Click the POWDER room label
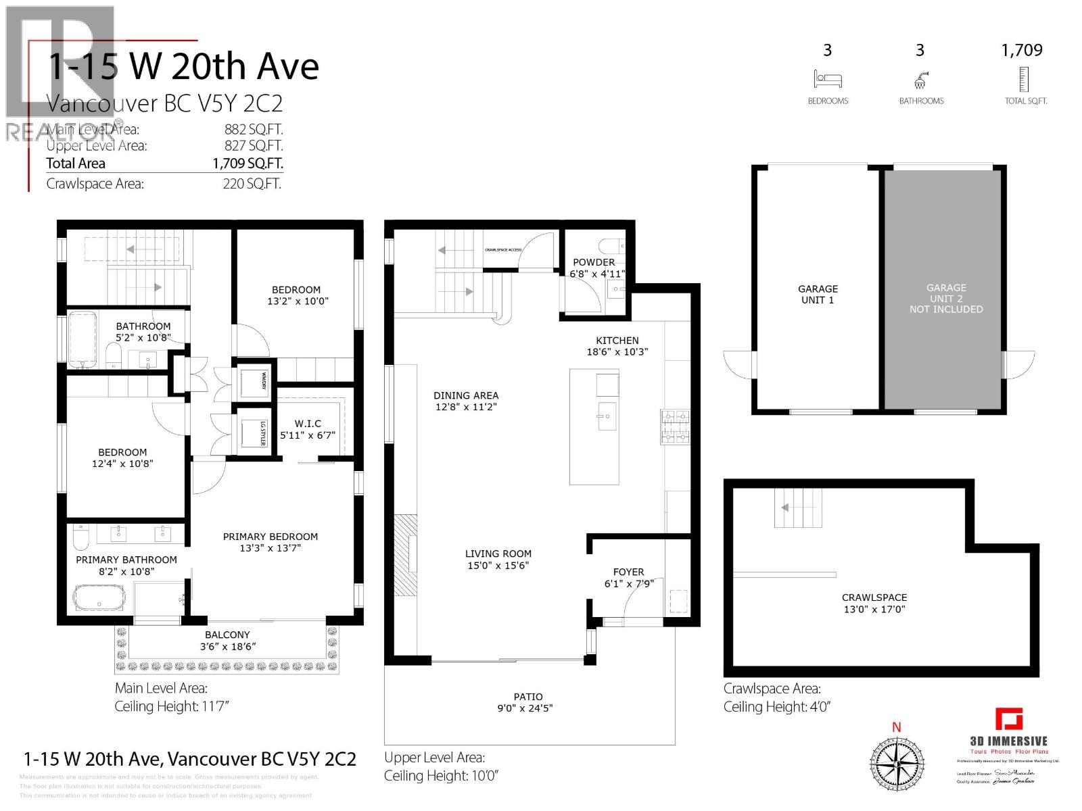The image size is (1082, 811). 594,262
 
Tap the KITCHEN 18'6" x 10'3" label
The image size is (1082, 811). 617,346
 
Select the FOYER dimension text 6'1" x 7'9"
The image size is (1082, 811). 629,583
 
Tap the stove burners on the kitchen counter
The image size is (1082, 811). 675,427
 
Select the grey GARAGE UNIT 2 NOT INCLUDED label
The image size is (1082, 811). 945,298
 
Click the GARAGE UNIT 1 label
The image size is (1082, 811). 818,294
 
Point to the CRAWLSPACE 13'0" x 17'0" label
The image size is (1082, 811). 874,603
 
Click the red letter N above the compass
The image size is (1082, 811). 897,728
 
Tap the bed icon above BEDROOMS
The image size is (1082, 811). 828,80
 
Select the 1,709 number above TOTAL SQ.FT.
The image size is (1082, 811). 1022,50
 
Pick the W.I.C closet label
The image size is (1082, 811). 308,424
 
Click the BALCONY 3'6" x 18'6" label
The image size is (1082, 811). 227,640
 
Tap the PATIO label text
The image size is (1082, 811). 527,697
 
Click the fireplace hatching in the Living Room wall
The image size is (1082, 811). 406,554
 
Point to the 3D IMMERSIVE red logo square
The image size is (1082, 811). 1009,719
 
